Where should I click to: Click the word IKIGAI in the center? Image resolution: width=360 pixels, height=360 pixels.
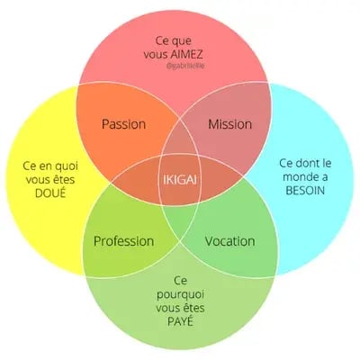point(180,180)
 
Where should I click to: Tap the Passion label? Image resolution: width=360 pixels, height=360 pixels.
point(124,124)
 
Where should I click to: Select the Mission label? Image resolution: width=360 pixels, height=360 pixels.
point(230,124)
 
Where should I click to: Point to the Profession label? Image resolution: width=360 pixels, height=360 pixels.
point(124,241)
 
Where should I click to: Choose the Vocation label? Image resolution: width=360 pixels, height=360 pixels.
point(230,241)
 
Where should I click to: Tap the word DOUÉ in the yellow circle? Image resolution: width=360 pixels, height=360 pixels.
point(50,193)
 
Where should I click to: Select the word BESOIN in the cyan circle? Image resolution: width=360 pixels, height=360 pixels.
point(305,191)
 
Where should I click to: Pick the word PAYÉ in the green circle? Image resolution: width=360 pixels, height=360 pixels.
point(180,321)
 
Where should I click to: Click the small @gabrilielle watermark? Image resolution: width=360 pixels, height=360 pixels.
point(185,67)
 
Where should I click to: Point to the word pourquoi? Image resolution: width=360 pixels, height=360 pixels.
point(180,294)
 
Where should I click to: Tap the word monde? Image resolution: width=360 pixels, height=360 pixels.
point(298,176)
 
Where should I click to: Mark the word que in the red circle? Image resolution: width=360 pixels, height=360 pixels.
point(182,41)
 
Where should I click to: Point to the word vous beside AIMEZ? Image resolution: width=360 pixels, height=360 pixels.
point(155,55)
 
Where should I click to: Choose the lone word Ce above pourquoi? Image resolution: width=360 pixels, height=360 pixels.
point(180,281)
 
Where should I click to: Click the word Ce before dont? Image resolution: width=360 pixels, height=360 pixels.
point(286,163)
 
